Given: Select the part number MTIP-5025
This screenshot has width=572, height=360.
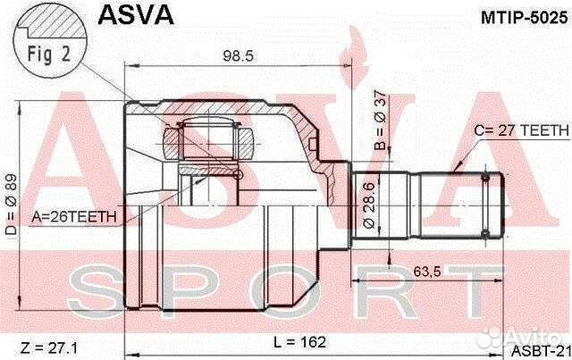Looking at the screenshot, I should (x=520, y=15).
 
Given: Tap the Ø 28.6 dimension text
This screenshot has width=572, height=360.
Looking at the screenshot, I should (x=369, y=201).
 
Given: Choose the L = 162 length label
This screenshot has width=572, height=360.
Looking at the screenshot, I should (x=301, y=341).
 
